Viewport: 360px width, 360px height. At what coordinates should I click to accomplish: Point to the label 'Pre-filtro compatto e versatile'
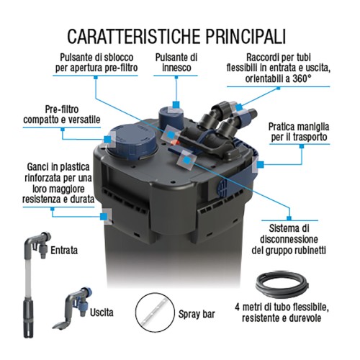(x=61, y=112)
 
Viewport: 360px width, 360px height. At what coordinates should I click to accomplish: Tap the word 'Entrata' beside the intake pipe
(x=66, y=250)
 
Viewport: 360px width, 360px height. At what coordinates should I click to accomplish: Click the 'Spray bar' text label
(x=198, y=315)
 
